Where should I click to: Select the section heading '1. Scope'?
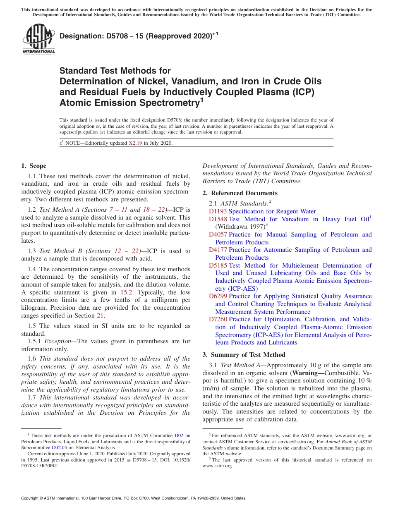(34, 166)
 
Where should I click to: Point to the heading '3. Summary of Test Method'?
(244, 355)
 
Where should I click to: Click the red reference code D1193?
(218, 211)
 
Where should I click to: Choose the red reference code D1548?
(218, 219)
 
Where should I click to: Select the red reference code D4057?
(218, 234)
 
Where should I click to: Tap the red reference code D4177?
(218, 250)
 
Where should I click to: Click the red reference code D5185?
(218, 265)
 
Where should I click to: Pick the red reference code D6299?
(218, 296)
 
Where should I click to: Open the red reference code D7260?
(218, 319)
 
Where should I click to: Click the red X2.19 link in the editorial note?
(135, 143)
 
